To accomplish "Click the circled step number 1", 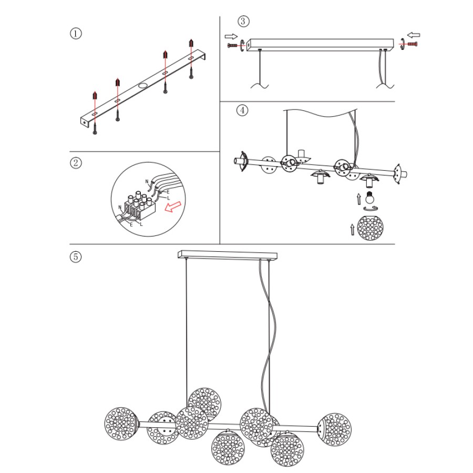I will [76, 34].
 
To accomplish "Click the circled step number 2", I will [76, 163].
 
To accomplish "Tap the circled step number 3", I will [243, 21].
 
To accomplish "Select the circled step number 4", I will [242, 110].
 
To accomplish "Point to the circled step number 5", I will [76, 257].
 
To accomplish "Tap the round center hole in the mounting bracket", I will [143, 85].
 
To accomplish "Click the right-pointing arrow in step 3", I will [231, 36].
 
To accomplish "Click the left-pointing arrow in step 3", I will [414, 36].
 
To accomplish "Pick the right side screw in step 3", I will [411, 46].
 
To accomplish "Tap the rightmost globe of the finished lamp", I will [334, 429].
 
